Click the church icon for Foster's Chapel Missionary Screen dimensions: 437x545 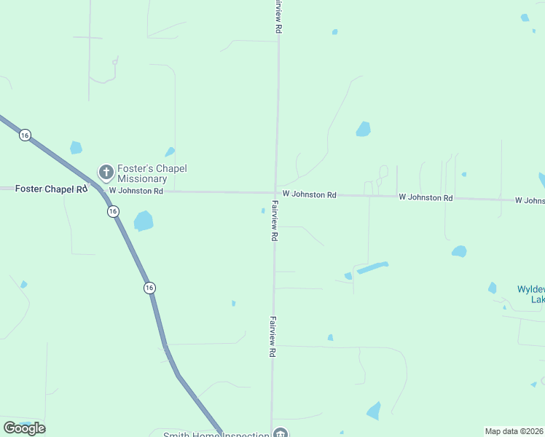click(106, 173)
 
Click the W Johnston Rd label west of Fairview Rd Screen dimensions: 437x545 click(136, 191)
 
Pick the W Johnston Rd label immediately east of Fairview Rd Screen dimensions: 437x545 click(310, 194)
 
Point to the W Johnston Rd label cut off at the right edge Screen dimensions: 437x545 click(530, 200)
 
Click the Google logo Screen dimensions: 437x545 click(24, 428)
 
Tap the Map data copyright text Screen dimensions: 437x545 click(514, 431)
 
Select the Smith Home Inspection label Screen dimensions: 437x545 click(216, 435)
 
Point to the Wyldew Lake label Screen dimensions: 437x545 click(530, 294)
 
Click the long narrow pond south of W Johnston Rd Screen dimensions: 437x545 click(372, 267)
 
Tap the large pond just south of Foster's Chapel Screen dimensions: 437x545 click(144, 221)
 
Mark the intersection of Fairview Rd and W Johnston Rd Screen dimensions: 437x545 click(275, 193)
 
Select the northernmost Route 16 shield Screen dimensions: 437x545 click(25, 135)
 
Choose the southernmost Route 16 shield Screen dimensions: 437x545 click(149, 288)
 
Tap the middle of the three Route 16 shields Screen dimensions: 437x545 click(112, 211)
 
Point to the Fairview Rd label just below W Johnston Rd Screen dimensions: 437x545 click(275, 221)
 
